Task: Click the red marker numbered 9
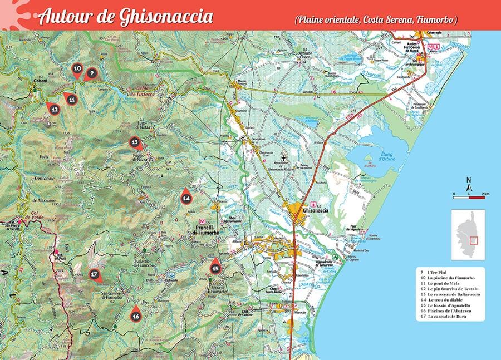[x=91, y=73]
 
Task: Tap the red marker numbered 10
[x=77, y=70]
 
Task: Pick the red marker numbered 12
[x=54, y=110]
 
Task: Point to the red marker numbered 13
[x=134, y=142]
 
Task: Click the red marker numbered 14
[x=186, y=196]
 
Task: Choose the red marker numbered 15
[x=215, y=267]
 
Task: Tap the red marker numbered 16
[x=136, y=314]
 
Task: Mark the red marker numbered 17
[x=95, y=274]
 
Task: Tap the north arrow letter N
[x=469, y=179]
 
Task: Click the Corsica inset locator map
[x=468, y=234]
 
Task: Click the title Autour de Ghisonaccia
[x=126, y=17]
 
